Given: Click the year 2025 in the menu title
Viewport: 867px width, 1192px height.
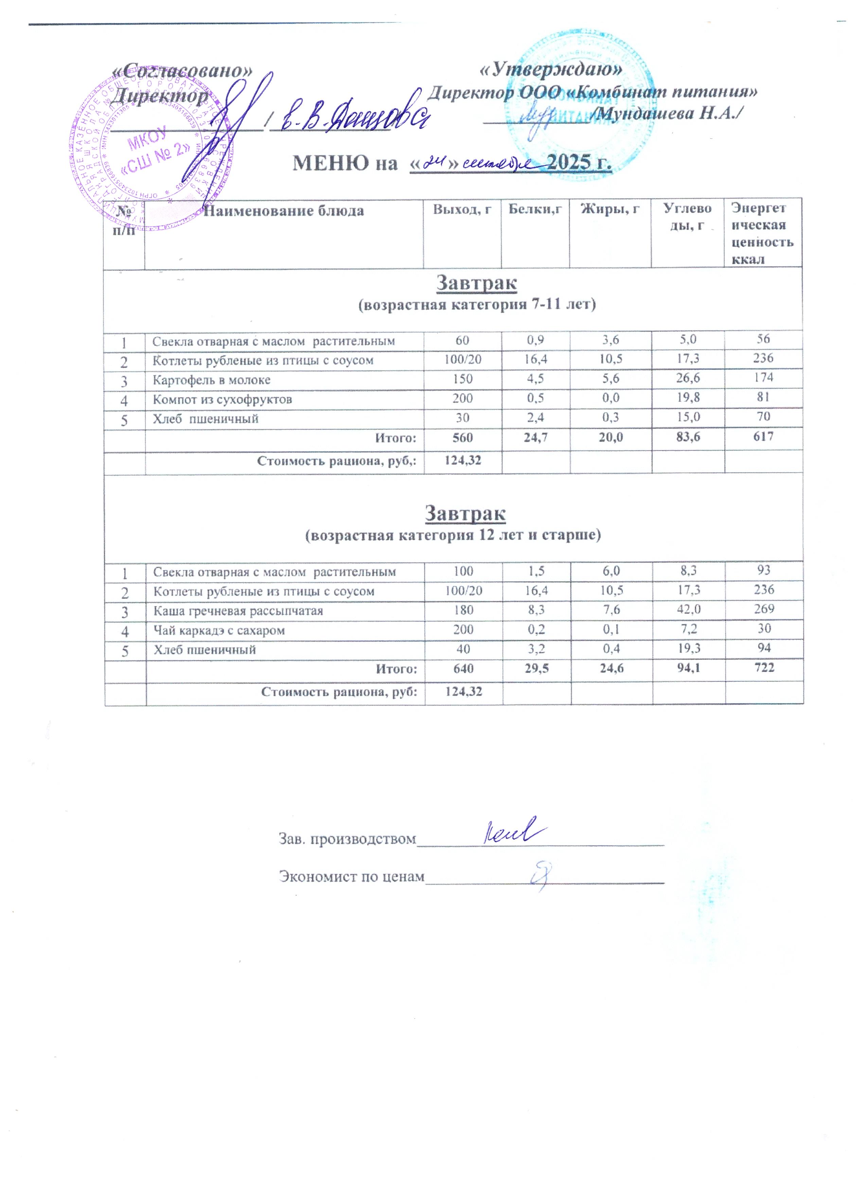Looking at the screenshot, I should click(x=579, y=163).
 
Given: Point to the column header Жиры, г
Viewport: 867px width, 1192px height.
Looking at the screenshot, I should click(x=609, y=209).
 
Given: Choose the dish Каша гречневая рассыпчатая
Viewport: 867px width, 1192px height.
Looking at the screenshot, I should click(x=238, y=611).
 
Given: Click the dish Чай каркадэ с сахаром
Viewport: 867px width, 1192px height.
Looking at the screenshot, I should click(x=219, y=630).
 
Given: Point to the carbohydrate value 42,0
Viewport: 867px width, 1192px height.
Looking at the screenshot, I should click(x=688, y=610).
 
